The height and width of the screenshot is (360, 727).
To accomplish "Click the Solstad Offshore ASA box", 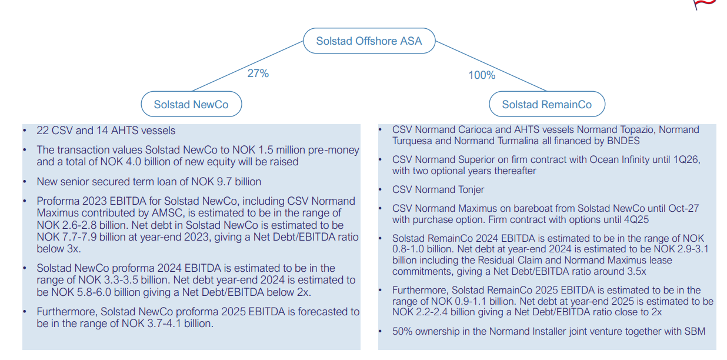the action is pyautogui.click(x=369, y=41).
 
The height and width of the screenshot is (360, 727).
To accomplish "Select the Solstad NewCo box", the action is pyautogui.click(x=191, y=104).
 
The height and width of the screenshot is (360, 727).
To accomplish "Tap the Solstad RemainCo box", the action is pyautogui.click(x=547, y=104).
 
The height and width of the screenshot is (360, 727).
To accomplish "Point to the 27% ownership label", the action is pyautogui.click(x=258, y=74).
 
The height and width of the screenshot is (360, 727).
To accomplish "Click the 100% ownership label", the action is pyautogui.click(x=482, y=75).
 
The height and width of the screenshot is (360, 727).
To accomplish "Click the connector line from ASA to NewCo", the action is pyautogui.click(x=248, y=66).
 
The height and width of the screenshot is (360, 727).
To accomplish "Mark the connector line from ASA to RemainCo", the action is pyautogui.click(x=491, y=66).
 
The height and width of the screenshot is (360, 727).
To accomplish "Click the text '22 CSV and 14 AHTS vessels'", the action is pyautogui.click(x=106, y=131).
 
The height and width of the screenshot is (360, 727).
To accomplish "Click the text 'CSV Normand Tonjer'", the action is pyautogui.click(x=438, y=189).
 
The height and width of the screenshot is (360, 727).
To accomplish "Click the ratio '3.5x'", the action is pyautogui.click(x=636, y=271).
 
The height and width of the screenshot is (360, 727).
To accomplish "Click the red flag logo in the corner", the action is pyautogui.click(x=704, y=4).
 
